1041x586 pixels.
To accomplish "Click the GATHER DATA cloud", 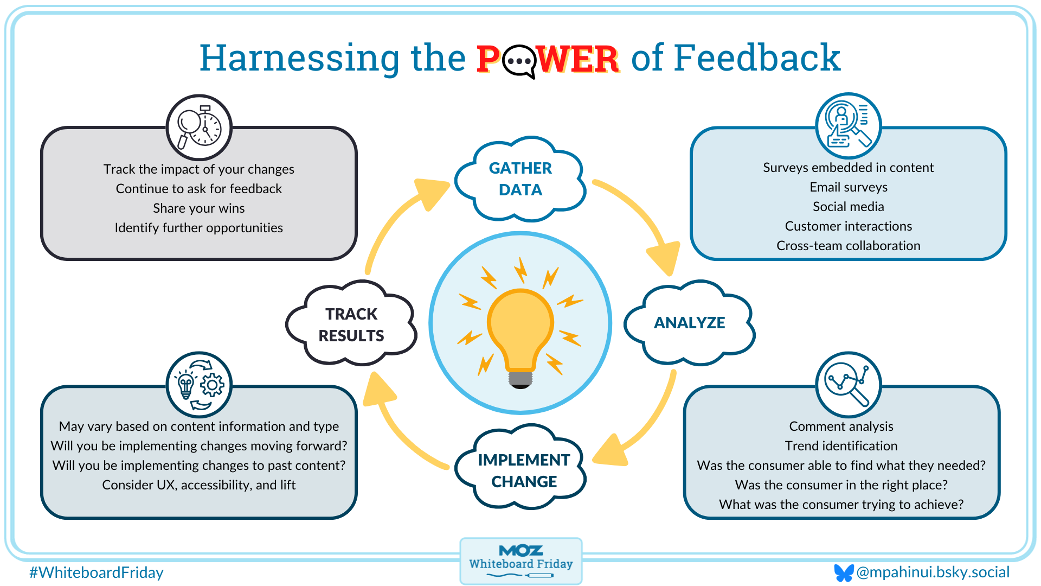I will tap(520, 179).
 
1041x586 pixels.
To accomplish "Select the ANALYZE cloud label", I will tap(689, 323).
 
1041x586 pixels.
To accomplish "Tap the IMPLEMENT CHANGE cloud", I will tap(523, 470).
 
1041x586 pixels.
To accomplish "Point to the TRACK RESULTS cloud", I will tap(351, 324).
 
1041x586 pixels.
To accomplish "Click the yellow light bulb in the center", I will tap(520, 331).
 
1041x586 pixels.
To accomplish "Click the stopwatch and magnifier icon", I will tap(199, 128).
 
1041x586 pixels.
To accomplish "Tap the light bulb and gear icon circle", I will tap(199, 385).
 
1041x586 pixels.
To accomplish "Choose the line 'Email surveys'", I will tap(848, 187).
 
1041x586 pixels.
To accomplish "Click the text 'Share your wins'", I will tap(198, 208).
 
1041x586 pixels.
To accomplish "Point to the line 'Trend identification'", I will tap(841, 446).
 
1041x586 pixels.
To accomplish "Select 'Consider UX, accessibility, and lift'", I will tap(198, 485).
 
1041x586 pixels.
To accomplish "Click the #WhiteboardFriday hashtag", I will tap(97, 572).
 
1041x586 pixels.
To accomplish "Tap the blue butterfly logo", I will tap(843, 572).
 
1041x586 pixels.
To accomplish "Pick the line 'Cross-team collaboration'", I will tap(848, 246).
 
